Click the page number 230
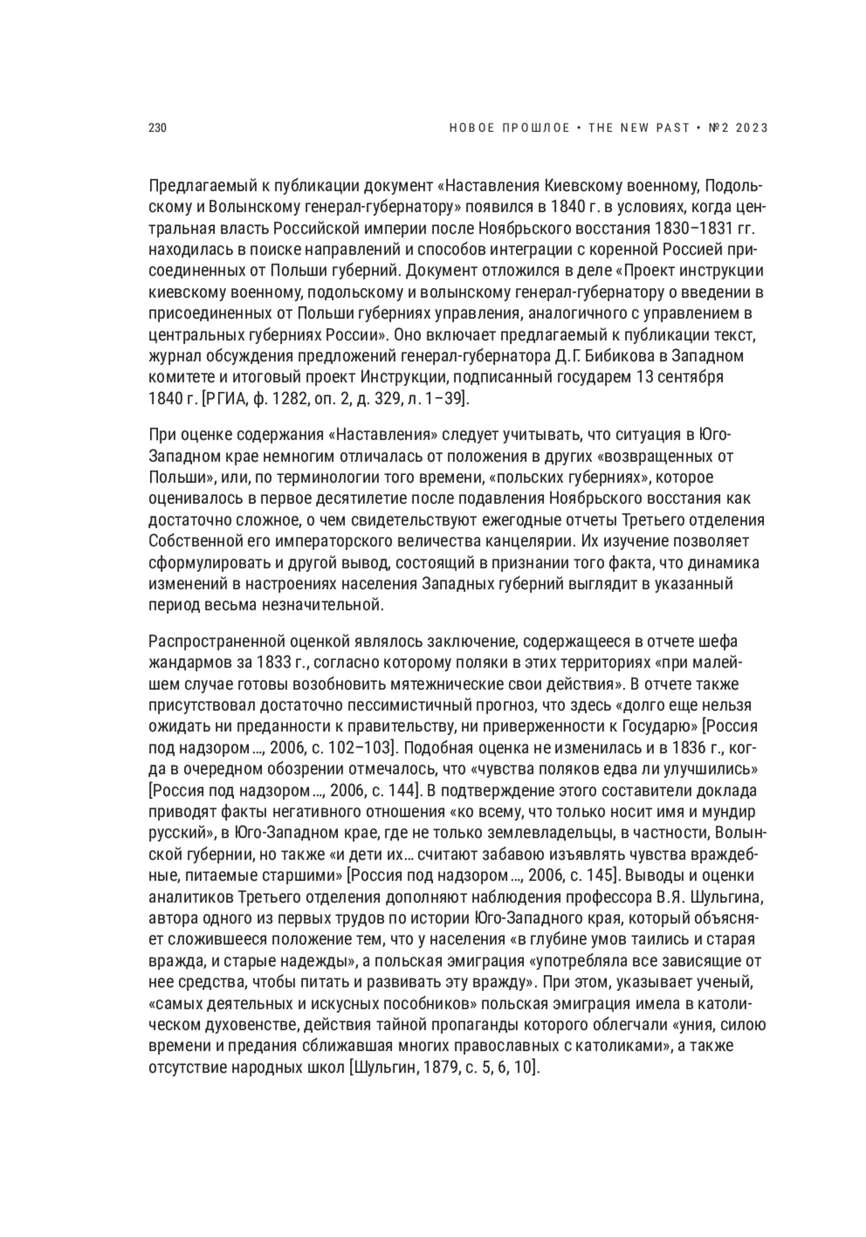click(157, 128)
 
